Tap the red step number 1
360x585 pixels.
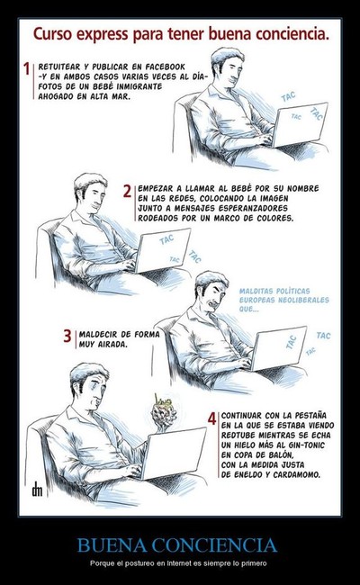[x=26, y=68]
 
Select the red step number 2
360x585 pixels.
[x=128, y=191]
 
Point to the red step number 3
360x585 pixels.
[x=67, y=336]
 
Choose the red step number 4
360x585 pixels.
[x=211, y=418]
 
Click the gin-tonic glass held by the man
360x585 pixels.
[x=163, y=412]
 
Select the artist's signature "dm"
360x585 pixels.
[x=37, y=489]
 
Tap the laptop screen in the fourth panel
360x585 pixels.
[x=175, y=454]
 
